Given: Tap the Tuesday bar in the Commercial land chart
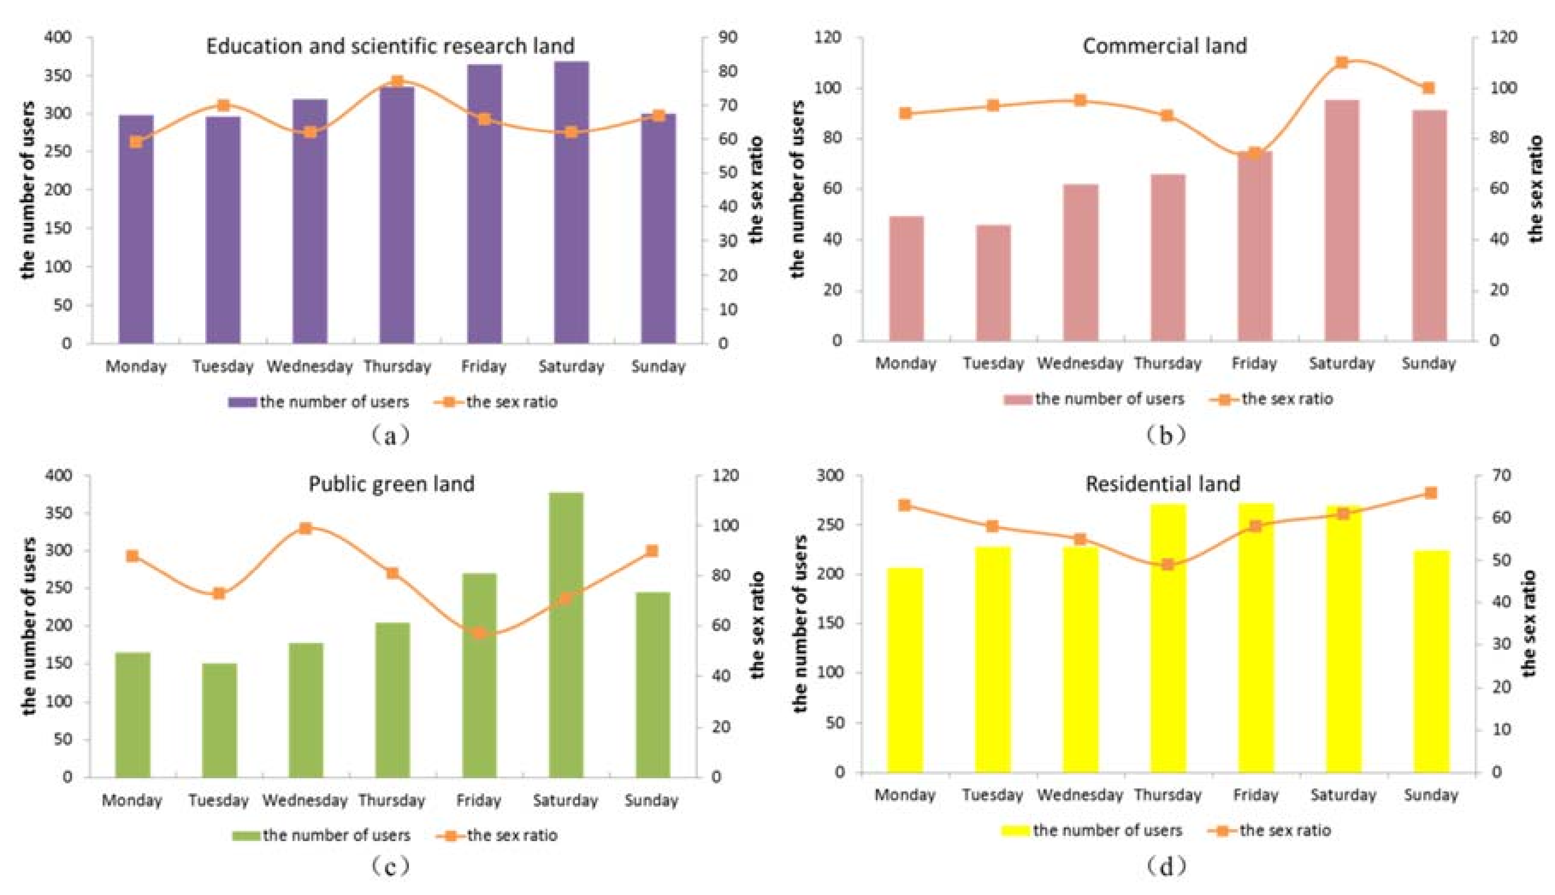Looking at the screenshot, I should pyautogui.click(x=993, y=283).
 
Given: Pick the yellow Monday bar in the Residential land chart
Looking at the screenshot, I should pyautogui.click(x=905, y=670).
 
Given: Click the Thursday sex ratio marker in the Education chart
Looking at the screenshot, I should pyautogui.click(x=397, y=82).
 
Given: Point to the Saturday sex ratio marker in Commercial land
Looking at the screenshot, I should pyautogui.click(x=1342, y=62).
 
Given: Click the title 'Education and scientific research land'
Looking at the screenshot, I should pyautogui.click(x=390, y=46).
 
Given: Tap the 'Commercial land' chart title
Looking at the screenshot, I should pyautogui.click(x=1164, y=45).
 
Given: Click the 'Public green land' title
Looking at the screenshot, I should pyautogui.click(x=391, y=484).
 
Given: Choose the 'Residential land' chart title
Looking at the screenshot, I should pyautogui.click(x=1162, y=484).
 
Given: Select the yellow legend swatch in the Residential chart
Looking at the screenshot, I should pyautogui.click(x=1015, y=830).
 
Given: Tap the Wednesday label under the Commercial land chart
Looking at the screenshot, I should pyautogui.click(x=1080, y=363).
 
